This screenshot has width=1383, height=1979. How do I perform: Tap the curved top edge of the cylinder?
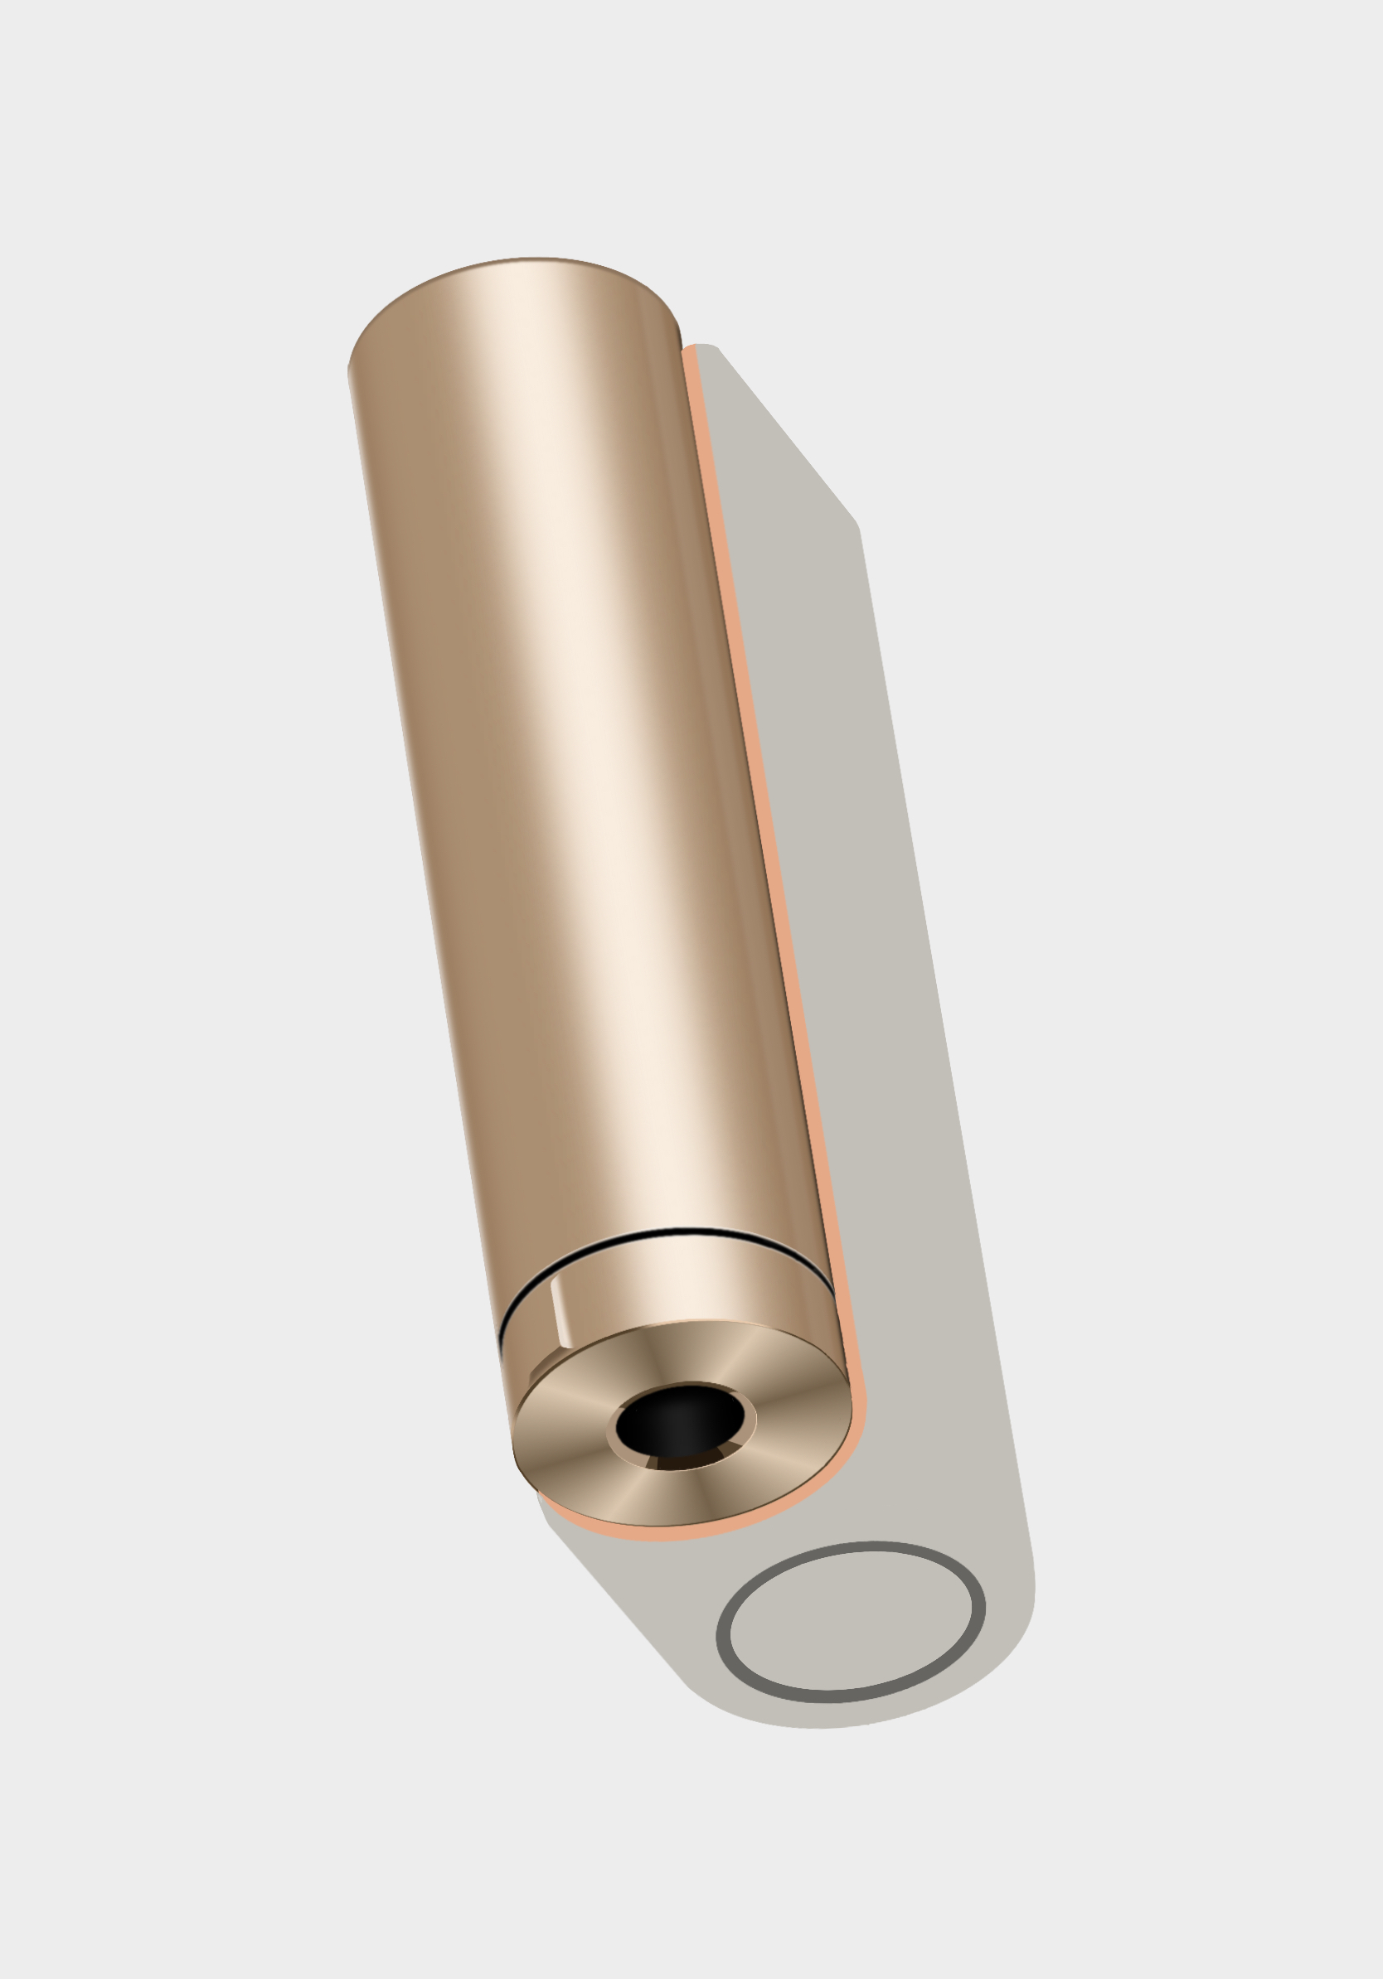[517, 260]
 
